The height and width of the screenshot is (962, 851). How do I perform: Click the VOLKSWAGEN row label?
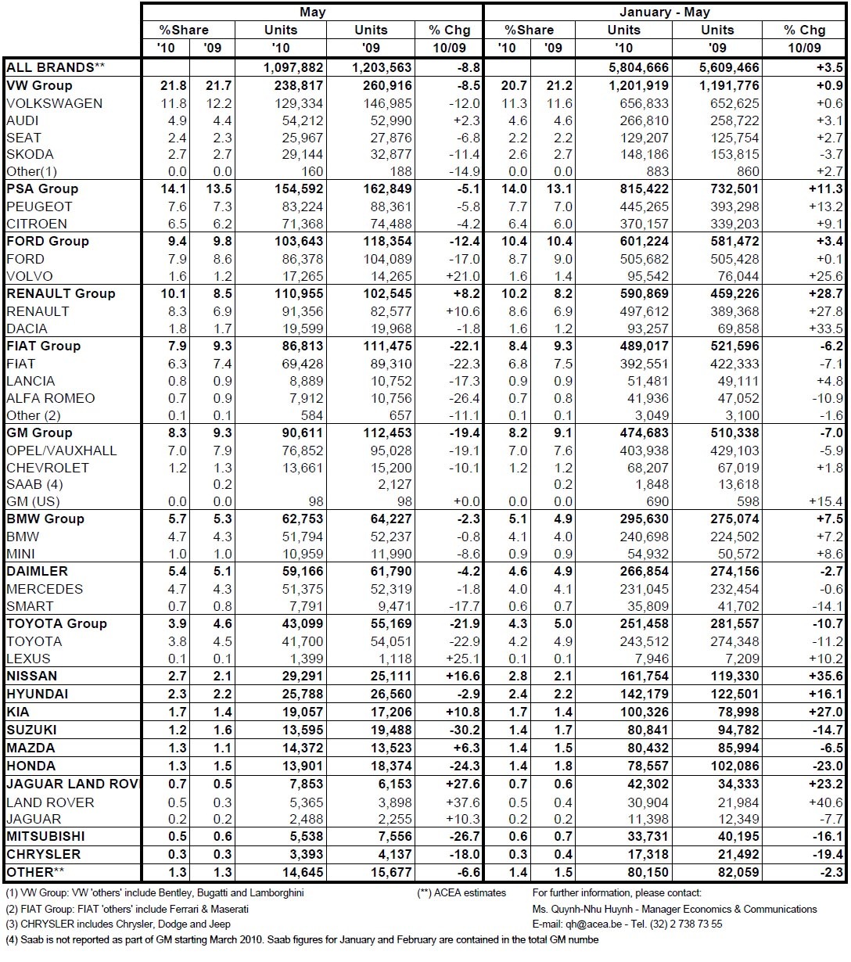(x=54, y=103)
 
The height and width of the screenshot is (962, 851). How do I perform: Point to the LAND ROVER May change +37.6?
(x=461, y=802)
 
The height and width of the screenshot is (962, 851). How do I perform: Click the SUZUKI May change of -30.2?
(x=461, y=730)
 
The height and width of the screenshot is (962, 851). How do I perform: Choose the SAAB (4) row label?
(x=34, y=485)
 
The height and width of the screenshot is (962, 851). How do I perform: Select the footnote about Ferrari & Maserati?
(x=127, y=909)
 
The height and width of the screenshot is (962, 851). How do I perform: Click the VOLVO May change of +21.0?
(x=461, y=276)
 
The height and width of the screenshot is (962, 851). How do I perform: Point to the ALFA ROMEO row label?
(x=51, y=398)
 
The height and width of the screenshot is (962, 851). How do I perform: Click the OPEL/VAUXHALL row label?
(x=62, y=450)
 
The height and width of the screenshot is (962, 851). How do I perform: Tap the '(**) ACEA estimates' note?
(x=461, y=893)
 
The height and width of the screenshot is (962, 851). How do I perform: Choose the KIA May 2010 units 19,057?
(x=294, y=713)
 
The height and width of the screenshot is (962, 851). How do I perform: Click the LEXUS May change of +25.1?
(x=461, y=659)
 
